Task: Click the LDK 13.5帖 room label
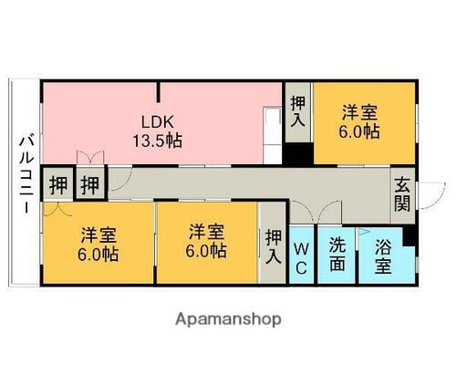click(158, 131)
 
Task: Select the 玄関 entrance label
click(402, 194)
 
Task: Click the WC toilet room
click(301, 255)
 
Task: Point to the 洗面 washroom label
click(337, 255)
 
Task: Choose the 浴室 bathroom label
click(383, 255)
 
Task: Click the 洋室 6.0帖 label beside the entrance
click(359, 122)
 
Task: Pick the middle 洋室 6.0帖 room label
click(206, 241)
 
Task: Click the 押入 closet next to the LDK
click(297, 111)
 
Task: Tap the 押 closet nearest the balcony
click(58, 184)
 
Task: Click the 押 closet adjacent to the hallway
click(89, 184)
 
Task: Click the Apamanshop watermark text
click(228, 319)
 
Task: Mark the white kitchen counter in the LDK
click(272, 136)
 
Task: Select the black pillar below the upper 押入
click(298, 154)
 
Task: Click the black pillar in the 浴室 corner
click(409, 235)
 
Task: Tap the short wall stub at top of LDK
click(158, 92)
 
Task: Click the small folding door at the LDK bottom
click(90, 158)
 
